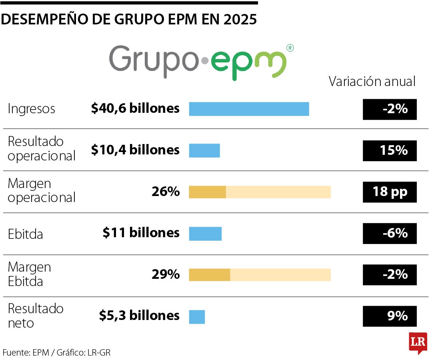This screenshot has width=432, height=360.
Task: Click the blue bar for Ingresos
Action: click(249, 109)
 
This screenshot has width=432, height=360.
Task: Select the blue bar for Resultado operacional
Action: click(204, 150)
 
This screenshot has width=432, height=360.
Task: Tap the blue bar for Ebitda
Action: click(205, 234)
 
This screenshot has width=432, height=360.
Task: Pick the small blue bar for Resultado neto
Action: click(197, 317)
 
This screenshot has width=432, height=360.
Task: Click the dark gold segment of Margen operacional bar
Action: click(207, 192)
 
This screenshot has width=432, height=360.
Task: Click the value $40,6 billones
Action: click(135, 108)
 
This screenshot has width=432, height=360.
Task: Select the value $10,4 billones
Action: click(135, 150)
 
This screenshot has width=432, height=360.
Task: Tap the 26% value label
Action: click(165, 192)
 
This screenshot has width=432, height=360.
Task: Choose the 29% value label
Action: click(165, 275)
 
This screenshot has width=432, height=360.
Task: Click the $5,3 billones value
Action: click(139, 316)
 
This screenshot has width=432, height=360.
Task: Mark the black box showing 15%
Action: click(390, 150)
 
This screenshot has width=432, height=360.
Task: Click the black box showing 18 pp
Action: click(390, 192)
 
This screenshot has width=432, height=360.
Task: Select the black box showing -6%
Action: click(390, 234)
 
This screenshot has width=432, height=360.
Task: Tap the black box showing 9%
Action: click(390, 316)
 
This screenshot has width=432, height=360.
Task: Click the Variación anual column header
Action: click(372, 82)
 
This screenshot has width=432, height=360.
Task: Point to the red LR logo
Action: click(418, 343)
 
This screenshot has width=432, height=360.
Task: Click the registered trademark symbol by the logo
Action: click(290, 48)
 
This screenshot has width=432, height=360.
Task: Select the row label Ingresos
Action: click(32, 109)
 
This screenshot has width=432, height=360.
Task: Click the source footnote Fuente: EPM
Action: click(26, 352)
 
